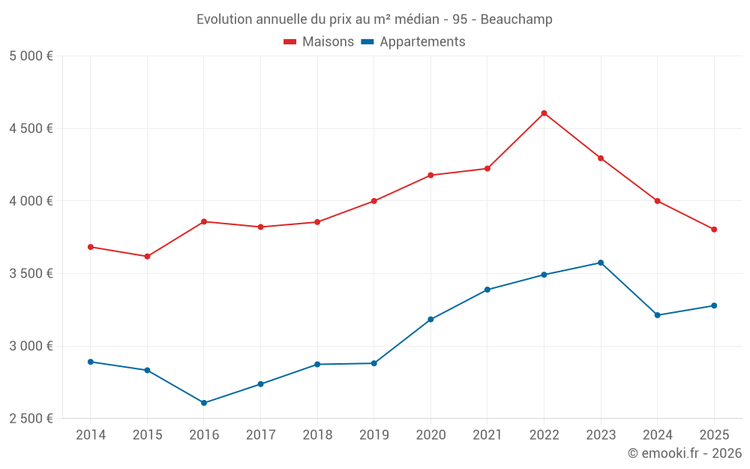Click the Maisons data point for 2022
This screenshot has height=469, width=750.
click(x=544, y=113)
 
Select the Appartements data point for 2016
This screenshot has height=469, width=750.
click(x=204, y=403)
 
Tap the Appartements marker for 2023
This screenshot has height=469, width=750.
click(x=601, y=263)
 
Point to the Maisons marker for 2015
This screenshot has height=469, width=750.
click(x=147, y=257)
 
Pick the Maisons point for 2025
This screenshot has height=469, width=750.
click(x=714, y=230)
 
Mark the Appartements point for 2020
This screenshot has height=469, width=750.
click(x=430, y=320)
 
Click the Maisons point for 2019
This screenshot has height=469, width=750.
click(x=373, y=201)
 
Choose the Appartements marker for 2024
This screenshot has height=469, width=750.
click(x=657, y=315)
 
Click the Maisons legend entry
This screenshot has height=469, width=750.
click(x=319, y=42)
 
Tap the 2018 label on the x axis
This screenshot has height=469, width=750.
click(x=317, y=435)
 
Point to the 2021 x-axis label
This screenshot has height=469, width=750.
click(x=487, y=435)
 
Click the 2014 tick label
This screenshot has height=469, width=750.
click(x=91, y=435)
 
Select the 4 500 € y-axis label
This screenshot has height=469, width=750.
click(x=31, y=128)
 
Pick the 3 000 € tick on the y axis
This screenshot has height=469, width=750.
click(x=31, y=346)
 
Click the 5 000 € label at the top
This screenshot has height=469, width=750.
click(x=31, y=56)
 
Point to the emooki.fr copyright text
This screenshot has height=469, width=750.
click(x=685, y=453)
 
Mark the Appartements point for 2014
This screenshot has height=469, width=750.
click(x=91, y=362)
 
